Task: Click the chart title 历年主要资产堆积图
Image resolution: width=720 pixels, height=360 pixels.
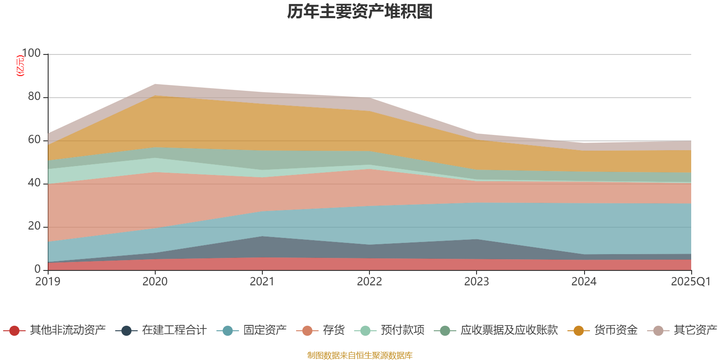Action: click(360, 12)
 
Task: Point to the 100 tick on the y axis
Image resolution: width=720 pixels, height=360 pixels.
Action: click(31, 54)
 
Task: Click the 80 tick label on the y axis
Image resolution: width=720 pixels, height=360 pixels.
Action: click(34, 97)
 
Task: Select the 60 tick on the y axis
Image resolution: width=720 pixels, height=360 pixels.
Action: click(34, 140)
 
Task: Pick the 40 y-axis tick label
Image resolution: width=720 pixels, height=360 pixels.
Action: click(34, 183)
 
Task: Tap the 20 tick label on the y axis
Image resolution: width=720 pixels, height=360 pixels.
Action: click(34, 226)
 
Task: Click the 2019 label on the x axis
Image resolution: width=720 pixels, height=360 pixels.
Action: click(48, 282)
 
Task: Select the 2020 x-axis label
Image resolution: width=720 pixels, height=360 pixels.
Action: click(155, 282)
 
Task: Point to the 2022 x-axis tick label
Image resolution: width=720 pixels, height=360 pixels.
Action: click(369, 282)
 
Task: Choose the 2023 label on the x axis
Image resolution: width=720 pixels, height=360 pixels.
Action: click(477, 282)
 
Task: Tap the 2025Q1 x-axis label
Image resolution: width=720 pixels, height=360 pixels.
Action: click(690, 282)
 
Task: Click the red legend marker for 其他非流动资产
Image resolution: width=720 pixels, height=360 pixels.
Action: click(14, 331)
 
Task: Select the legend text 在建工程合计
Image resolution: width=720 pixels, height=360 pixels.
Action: click(174, 330)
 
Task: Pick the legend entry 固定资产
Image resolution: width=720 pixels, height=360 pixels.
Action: click(265, 330)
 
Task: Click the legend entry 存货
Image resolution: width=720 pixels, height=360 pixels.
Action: click(333, 330)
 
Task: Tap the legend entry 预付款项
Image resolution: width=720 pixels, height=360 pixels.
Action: click(402, 330)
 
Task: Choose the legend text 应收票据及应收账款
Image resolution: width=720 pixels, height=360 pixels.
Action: click(509, 330)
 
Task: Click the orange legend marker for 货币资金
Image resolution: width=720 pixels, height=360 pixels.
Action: click(579, 331)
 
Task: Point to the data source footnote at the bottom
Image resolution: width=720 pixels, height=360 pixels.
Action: click(360, 355)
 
